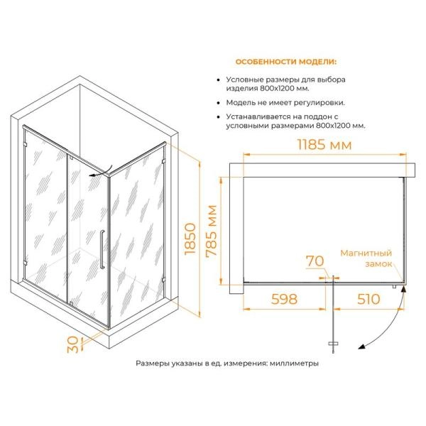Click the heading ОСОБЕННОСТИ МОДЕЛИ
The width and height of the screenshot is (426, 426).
(286, 62)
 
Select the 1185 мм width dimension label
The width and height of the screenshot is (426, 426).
(324, 144)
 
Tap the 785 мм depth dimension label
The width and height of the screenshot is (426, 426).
(212, 230)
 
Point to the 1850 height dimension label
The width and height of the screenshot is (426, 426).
(190, 239)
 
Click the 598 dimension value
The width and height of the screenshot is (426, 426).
(285, 299)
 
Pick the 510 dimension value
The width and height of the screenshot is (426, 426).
(368, 299)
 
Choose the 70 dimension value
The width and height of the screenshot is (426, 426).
(315, 261)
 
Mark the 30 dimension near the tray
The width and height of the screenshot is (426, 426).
(73, 344)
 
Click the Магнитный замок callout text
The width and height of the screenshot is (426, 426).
(366, 258)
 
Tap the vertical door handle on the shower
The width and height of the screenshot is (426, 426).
(102, 249)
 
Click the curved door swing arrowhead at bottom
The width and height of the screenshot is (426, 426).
(361, 346)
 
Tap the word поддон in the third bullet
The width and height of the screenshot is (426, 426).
(312, 117)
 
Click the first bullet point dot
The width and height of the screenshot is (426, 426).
(218, 80)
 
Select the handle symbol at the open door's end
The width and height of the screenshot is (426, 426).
(333, 344)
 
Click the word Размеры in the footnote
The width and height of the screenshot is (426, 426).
(153, 364)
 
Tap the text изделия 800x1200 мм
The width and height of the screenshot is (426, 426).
(268, 89)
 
